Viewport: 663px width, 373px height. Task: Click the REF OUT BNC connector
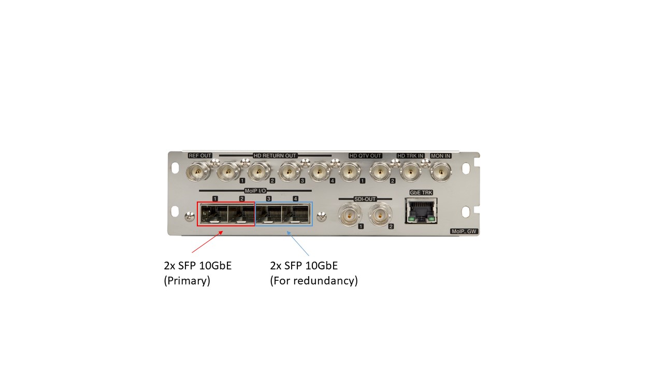pos(198,171)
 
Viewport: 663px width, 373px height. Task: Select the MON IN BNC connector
pos(440,171)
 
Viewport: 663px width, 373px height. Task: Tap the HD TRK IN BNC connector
pos(410,171)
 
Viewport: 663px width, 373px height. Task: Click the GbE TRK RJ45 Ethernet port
pos(421,211)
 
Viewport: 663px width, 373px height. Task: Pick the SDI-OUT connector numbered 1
pos(350,215)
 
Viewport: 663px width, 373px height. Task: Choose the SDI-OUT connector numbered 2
pos(380,215)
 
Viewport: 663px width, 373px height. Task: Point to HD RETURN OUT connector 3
pos(289,171)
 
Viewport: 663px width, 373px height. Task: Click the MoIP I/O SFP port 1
pos(214,214)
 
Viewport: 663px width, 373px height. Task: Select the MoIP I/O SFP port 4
pos(295,214)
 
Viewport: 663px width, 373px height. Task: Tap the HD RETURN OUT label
pos(275,156)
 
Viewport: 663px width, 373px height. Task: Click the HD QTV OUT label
pos(365,156)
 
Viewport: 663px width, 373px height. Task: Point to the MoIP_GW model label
pos(464,231)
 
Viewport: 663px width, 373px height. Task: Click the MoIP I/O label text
pos(255,191)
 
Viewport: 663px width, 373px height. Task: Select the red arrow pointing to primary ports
pos(207,242)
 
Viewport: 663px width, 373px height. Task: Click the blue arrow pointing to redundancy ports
pos(298,243)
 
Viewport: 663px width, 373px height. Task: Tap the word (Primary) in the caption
pos(187,280)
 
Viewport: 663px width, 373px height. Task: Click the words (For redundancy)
pos(314,280)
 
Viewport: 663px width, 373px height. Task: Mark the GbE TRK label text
pos(421,193)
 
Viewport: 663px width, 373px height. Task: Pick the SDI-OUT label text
pos(365,199)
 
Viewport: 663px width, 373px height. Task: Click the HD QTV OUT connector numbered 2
pos(380,171)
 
